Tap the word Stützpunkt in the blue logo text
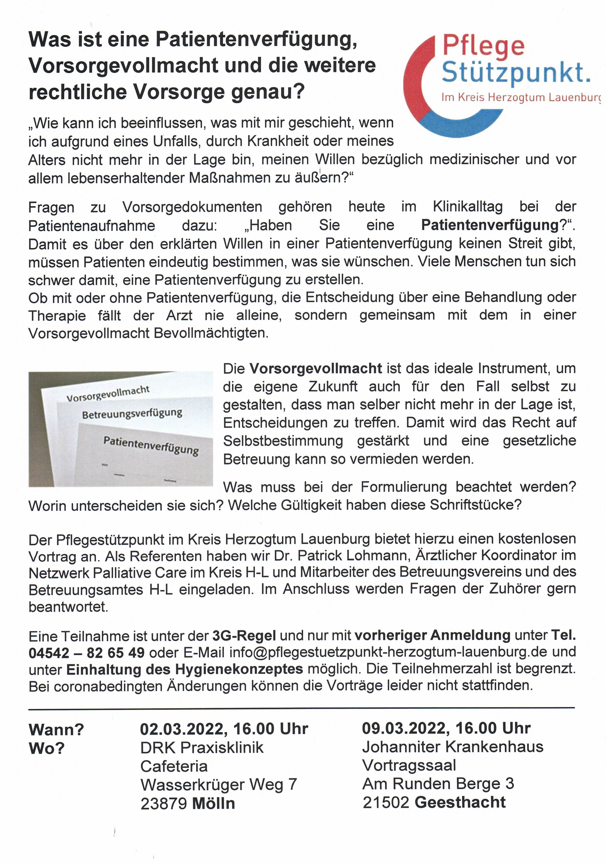point(515,73)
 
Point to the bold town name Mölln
point(213,804)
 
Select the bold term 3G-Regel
point(244,635)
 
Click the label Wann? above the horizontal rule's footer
point(56,730)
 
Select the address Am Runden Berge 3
point(438,784)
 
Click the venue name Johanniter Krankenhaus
point(452,747)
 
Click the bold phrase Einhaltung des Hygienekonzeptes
point(185,669)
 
